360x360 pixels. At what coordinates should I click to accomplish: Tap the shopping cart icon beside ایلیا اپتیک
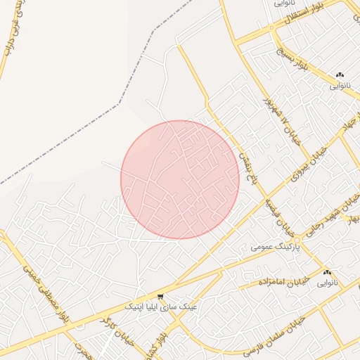pyautogui.click(x=161, y=296)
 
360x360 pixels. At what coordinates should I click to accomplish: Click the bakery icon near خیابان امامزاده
pyautogui.click(x=327, y=273)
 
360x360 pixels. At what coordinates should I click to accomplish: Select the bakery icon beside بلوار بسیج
pyautogui.click(x=340, y=75)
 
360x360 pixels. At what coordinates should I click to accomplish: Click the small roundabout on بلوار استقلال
pyautogui.click(x=271, y=29)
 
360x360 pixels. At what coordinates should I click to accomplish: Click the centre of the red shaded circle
pyautogui.click(x=180, y=180)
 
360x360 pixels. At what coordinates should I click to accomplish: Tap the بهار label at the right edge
pyautogui.click(x=353, y=220)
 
